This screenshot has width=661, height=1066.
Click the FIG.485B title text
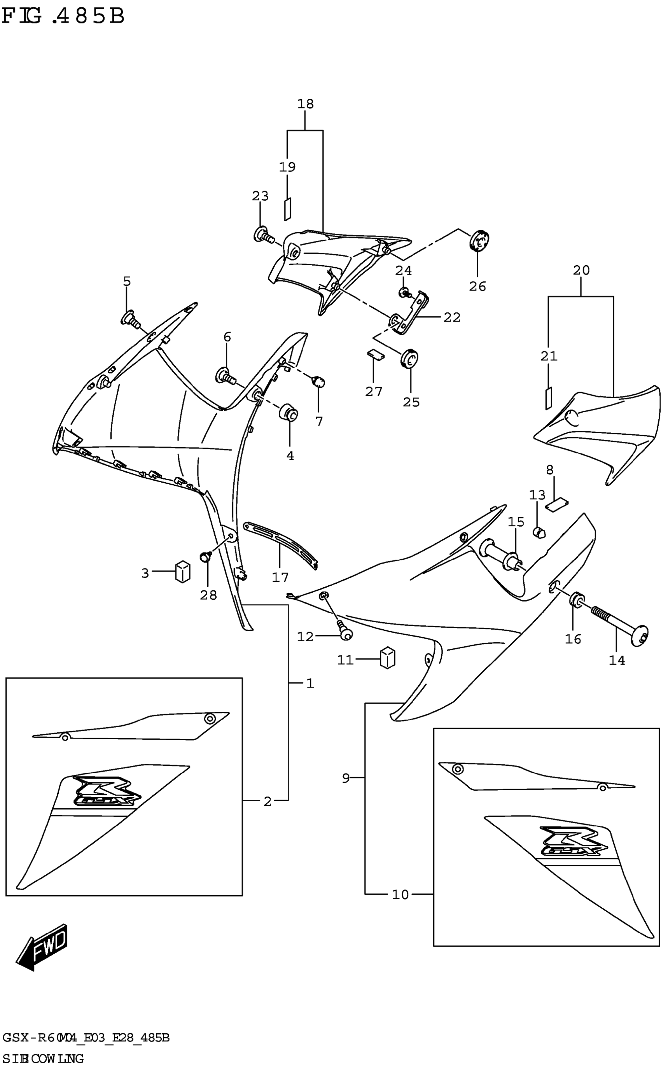(63, 16)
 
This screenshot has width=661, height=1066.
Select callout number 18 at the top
(306, 104)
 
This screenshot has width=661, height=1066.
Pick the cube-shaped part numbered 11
(388, 658)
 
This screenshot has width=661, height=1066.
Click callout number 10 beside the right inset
(400, 894)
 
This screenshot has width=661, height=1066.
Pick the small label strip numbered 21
(548, 397)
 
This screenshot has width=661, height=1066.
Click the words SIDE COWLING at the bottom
(43, 1058)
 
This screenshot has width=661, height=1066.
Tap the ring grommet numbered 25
(410, 359)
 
